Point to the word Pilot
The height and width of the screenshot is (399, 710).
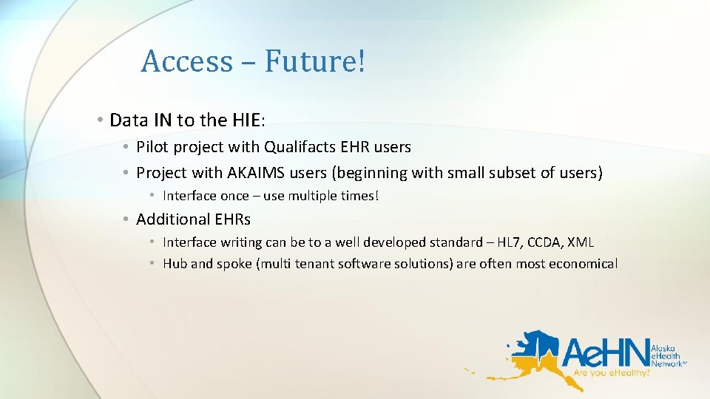coord(152,147)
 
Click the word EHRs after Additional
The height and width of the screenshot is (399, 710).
coord(232,219)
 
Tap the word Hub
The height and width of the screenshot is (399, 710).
coord(175,264)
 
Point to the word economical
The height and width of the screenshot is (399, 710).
coord(583,264)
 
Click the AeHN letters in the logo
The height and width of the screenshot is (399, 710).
coord(605,354)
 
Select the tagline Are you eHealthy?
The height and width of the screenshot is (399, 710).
coord(612,375)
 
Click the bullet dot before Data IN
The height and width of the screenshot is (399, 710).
coord(99,120)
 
